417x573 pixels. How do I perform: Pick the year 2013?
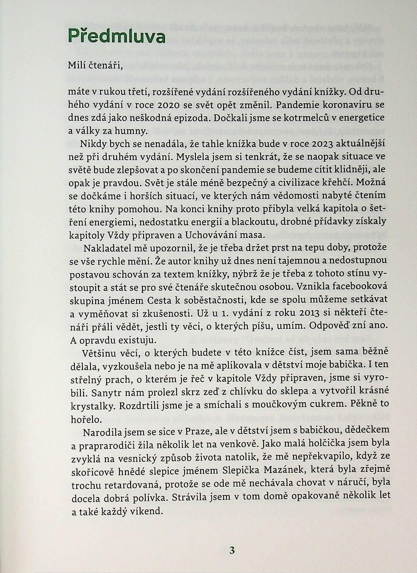tap(308, 312)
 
